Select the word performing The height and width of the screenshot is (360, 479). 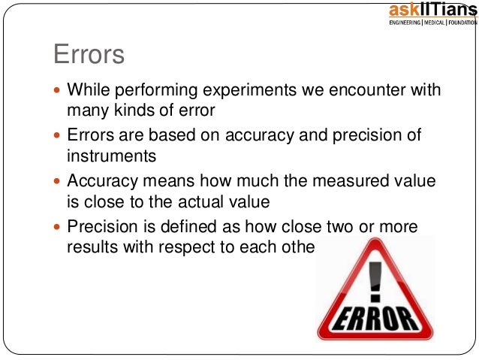point(159,91)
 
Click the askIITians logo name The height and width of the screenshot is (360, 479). point(432,10)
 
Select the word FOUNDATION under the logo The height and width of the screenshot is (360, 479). point(461,23)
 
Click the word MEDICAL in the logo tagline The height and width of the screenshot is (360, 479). point(437,23)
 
